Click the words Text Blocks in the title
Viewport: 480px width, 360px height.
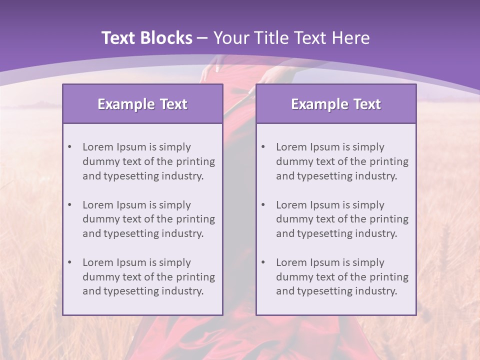point(146,38)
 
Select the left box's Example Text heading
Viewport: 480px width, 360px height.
point(142,104)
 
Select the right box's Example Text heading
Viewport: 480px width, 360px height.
point(336,104)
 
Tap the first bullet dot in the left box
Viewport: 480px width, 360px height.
point(69,147)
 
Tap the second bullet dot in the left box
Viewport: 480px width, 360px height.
point(69,205)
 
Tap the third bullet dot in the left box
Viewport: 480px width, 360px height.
point(69,262)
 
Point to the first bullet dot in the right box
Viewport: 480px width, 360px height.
point(263,147)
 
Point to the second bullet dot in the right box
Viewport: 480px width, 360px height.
point(263,205)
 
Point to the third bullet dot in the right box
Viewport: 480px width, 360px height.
point(263,262)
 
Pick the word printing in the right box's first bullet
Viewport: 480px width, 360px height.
point(389,161)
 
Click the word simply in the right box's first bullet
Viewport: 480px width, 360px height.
point(368,147)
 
